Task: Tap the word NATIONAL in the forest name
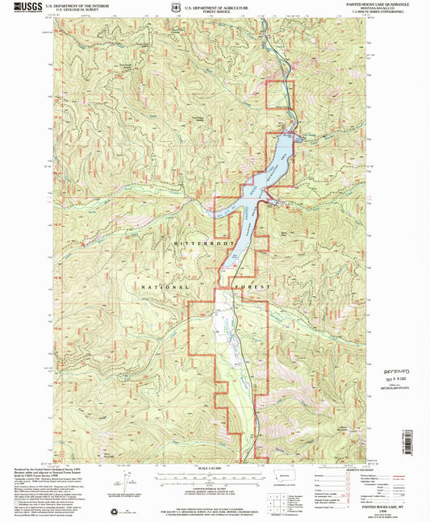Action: [166, 287]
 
